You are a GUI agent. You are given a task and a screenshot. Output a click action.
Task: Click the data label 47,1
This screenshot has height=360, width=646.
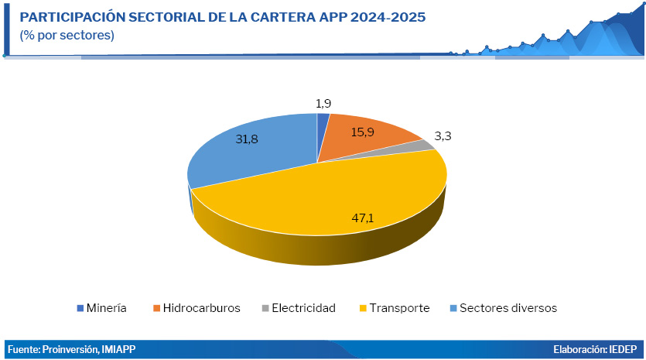click(x=363, y=218)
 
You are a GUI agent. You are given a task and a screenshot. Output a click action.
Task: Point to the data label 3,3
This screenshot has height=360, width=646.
click(x=443, y=136)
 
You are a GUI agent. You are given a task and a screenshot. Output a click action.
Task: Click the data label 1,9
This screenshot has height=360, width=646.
click(x=323, y=103)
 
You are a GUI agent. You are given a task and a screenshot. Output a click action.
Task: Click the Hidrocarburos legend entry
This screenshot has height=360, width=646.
click(x=197, y=308)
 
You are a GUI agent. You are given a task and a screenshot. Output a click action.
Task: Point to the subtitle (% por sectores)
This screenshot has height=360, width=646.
click(x=67, y=36)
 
